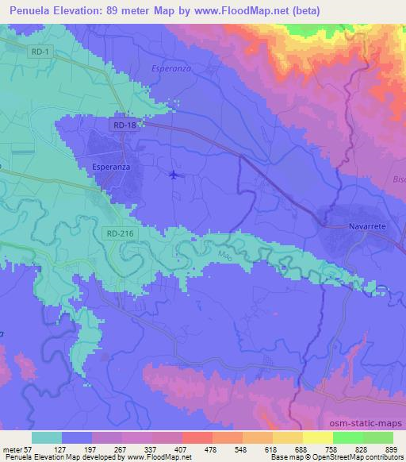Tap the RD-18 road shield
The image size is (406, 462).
(x=123, y=125)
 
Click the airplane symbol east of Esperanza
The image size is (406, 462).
(x=174, y=175)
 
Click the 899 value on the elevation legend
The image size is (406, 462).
(x=391, y=449)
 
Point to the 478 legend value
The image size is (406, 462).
(x=211, y=449)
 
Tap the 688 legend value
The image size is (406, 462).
(x=301, y=449)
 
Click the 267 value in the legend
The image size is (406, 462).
(x=121, y=449)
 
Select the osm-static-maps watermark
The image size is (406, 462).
(x=362, y=421)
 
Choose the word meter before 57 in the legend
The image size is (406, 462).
(x=13, y=449)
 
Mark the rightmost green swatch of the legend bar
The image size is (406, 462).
(x=378, y=437)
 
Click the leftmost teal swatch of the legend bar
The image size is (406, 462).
(x=47, y=437)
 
